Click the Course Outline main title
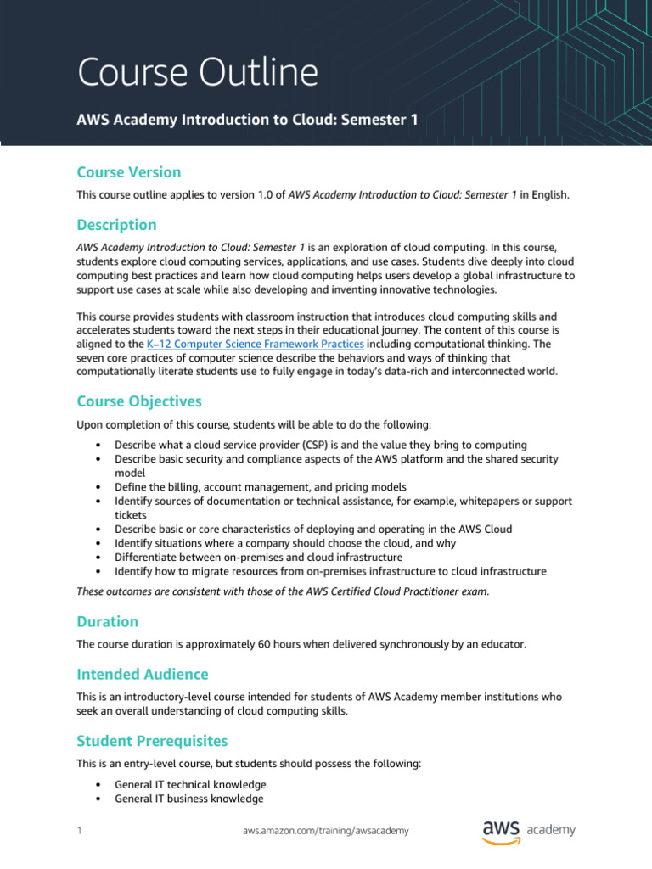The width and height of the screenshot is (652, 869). [198, 74]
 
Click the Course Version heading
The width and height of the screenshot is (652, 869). [128, 172]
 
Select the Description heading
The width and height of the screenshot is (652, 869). [116, 225]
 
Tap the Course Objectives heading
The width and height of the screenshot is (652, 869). [139, 401]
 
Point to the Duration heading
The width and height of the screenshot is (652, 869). [107, 621]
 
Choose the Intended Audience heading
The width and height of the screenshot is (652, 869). [142, 674]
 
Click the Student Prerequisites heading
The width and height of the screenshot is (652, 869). [152, 741]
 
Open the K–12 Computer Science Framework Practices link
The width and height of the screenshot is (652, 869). [256, 344]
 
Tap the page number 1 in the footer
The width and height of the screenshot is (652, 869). [79, 831]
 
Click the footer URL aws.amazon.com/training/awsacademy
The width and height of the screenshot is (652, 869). [325, 831]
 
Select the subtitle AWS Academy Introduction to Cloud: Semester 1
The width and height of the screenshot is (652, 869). [247, 121]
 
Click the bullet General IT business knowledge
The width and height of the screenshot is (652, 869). [188, 799]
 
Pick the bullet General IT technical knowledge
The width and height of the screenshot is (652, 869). [190, 784]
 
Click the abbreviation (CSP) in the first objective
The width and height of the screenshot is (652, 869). [297, 445]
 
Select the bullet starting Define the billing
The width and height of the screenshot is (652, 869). [260, 487]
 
